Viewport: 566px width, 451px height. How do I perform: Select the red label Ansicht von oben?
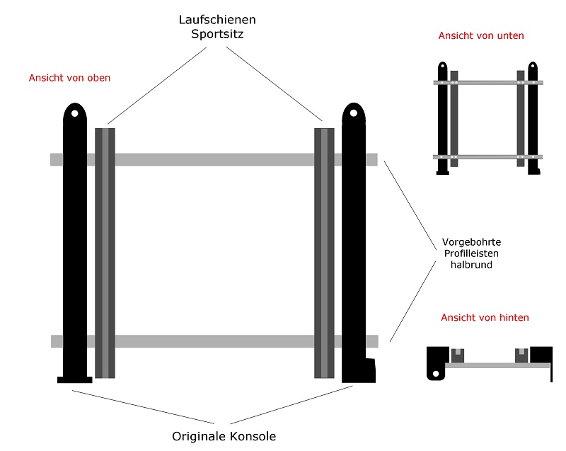tap(69, 78)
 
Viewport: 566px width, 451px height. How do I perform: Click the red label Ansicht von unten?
tap(481, 35)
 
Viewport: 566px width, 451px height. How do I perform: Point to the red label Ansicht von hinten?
tap(485, 318)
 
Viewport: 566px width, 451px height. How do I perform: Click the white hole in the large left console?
tap(74, 113)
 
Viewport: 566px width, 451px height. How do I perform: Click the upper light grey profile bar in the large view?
tap(212, 159)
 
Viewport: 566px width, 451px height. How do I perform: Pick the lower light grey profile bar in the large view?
tap(212, 341)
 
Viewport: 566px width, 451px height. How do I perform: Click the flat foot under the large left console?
tap(74, 380)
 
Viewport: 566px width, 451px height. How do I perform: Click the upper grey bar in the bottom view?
tap(487, 83)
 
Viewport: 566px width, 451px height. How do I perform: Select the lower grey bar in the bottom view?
tap(487, 156)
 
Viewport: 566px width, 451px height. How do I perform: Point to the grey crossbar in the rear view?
tap(495, 365)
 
